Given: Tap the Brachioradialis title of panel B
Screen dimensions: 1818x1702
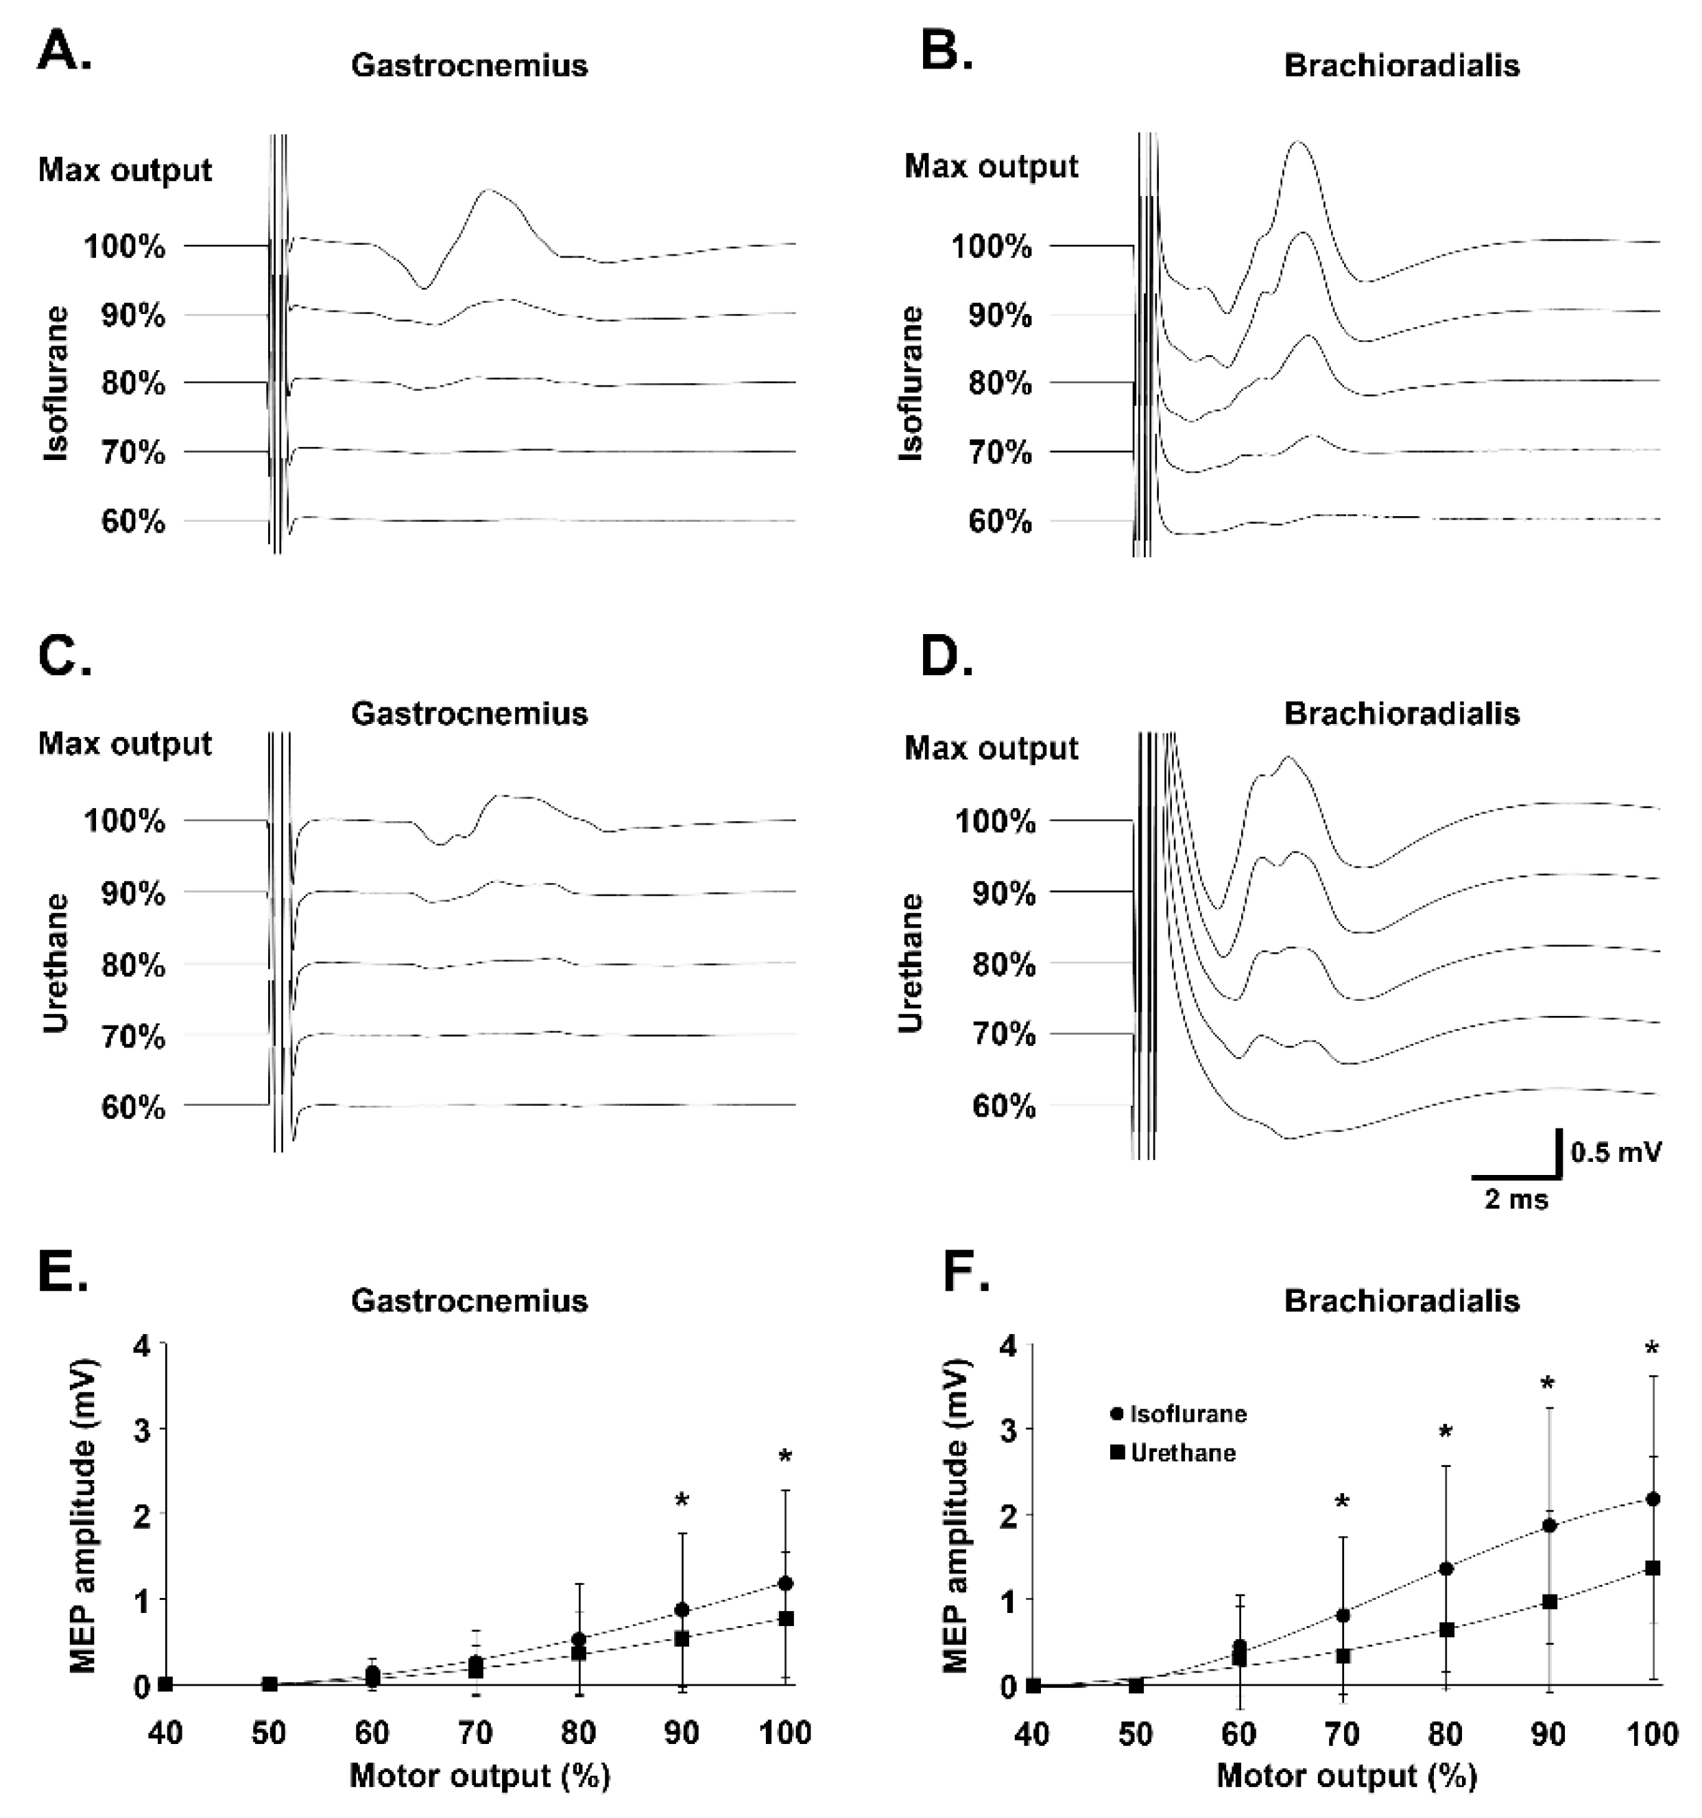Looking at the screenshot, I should click(1401, 66).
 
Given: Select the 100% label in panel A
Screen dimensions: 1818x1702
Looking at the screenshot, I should click(125, 246).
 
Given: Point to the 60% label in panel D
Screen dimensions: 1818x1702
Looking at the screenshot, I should click(1003, 1106).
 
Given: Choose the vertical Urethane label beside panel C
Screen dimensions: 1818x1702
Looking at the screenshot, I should click(56, 964).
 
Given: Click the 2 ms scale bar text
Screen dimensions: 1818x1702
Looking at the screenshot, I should click(1515, 1200).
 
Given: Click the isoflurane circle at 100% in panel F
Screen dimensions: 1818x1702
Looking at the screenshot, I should click(1653, 1499).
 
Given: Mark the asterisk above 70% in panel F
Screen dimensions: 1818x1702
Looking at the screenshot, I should click(1342, 1501).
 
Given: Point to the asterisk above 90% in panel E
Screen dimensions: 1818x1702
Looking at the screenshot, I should click(682, 1501).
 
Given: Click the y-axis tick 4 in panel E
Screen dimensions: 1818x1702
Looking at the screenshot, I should click(143, 1345).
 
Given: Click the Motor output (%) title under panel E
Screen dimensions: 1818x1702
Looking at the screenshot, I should click(479, 1776).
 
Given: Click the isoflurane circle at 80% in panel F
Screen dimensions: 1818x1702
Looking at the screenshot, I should click(1446, 1568).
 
